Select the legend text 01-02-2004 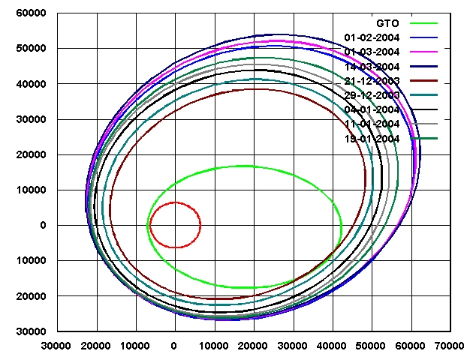click(374, 37)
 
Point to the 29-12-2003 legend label click(374, 95)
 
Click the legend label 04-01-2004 click(374, 109)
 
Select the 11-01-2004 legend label click(374, 124)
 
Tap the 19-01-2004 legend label click(374, 139)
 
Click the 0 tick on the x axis click(174, 346)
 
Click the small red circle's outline click(200, 224)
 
